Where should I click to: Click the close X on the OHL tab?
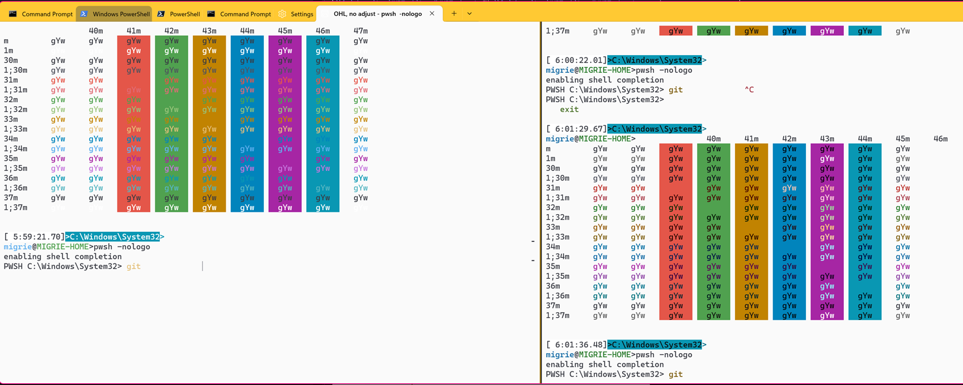click(432, 14)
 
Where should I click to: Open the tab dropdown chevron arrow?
click(470, 14)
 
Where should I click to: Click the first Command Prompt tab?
click(41, 14)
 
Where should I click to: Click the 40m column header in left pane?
click(96, 31)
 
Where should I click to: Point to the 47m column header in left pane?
click(361, 31)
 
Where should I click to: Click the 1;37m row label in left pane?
click(15, 208)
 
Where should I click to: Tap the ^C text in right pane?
click(749, 90)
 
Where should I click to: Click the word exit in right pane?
click(569, 110)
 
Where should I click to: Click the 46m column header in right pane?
click(940, 139)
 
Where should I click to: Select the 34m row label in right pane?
click(553, 247)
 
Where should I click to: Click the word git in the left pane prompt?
click(133, 266)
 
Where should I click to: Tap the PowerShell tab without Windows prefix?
click(179, 14)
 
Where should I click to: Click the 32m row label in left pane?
click(11, 99)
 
